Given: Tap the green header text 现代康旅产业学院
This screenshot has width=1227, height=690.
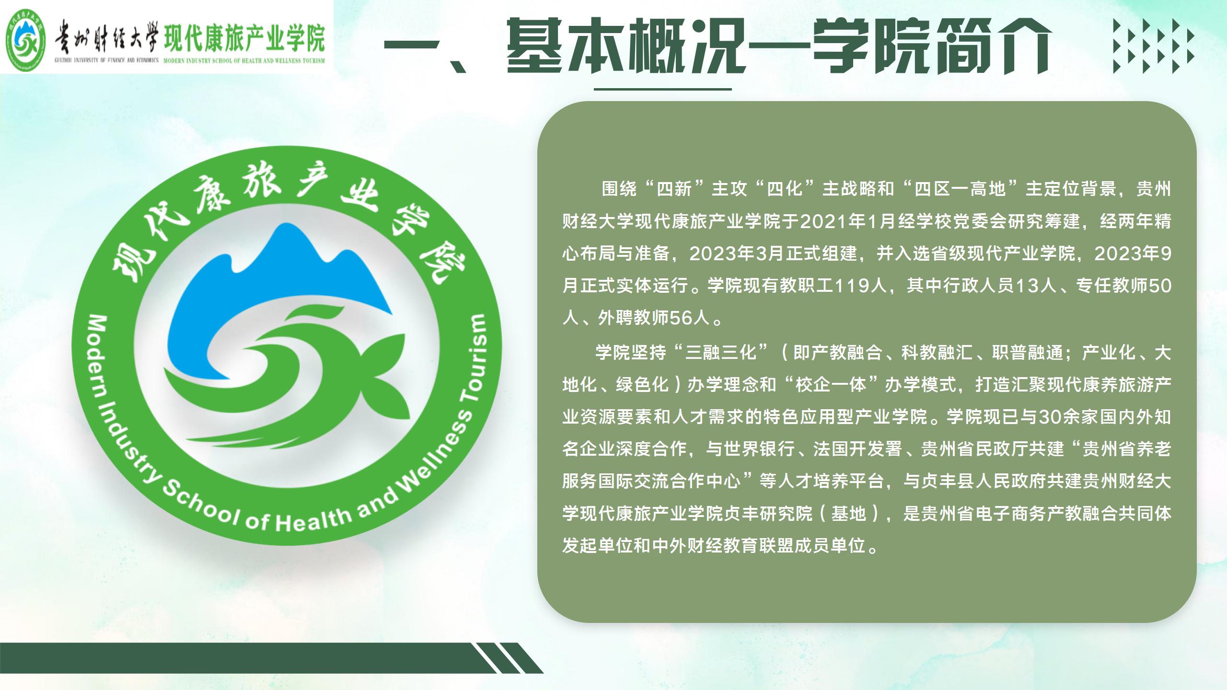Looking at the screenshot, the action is coord(244,38).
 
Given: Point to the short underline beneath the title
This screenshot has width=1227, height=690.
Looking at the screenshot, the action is coord(662,89).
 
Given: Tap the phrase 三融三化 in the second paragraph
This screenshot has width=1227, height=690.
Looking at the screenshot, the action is coord(721,353).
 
